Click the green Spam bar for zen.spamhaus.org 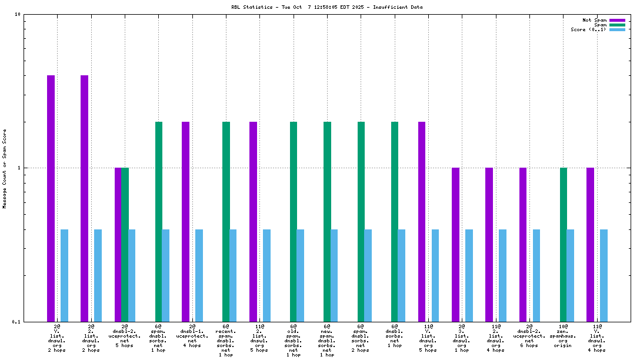click(x=564, y=244)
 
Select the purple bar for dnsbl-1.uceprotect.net click(x=185, y=221)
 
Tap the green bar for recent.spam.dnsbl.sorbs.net click(x=226, y=221)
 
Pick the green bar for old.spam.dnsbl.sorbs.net click(x=294, y=221)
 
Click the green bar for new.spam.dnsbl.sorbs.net click(x=327, y=221)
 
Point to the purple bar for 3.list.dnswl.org click(x=455, y=244)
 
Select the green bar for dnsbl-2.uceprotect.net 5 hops click(x=125, y=244)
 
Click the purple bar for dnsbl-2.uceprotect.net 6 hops click(x=523, y=244)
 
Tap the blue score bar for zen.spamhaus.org click(x=571, y=275)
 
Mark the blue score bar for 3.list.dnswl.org click(x=469, y=275)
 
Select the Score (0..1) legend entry click(x=588, y=29)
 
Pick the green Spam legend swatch click(x=617, y=25)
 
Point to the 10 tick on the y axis click(x=18, y=15)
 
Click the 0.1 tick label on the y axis click(x=17, y=322)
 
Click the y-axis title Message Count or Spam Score click(x=5, y=169)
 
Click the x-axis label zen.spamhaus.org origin click(x=564, y=336)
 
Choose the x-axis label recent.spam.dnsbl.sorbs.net click(x=226, y=341)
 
